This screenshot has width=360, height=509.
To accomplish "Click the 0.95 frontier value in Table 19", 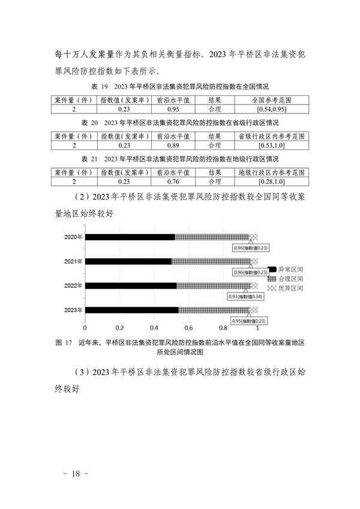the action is click(173, 109).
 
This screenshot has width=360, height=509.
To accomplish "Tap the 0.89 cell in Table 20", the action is click(173, 145).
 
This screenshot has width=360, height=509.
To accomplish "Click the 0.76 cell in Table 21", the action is click(173, 182).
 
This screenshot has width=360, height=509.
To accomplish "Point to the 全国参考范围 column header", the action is click(271, 100).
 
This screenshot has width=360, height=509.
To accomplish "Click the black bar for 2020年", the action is click(130, 237).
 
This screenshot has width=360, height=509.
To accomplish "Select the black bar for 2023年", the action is click(131, 310).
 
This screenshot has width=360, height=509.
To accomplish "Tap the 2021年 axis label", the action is click(73, 261).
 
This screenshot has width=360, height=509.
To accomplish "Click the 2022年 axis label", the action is click(73, 286).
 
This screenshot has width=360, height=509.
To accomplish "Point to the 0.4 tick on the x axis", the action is click(154, 328).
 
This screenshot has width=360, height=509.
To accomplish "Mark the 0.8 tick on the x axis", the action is click(223, 328).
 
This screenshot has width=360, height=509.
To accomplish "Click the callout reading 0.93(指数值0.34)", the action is click(245, 297).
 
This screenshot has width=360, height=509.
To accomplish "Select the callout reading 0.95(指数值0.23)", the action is click(248, 321).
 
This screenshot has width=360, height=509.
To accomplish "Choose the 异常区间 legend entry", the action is click(286, 270).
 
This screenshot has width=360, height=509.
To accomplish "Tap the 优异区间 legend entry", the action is click(286, 288).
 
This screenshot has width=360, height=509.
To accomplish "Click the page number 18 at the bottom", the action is click(76, 474).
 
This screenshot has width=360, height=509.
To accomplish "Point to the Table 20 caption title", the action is click(180, 123).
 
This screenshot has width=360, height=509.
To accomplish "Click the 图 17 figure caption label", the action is click(64, 343).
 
